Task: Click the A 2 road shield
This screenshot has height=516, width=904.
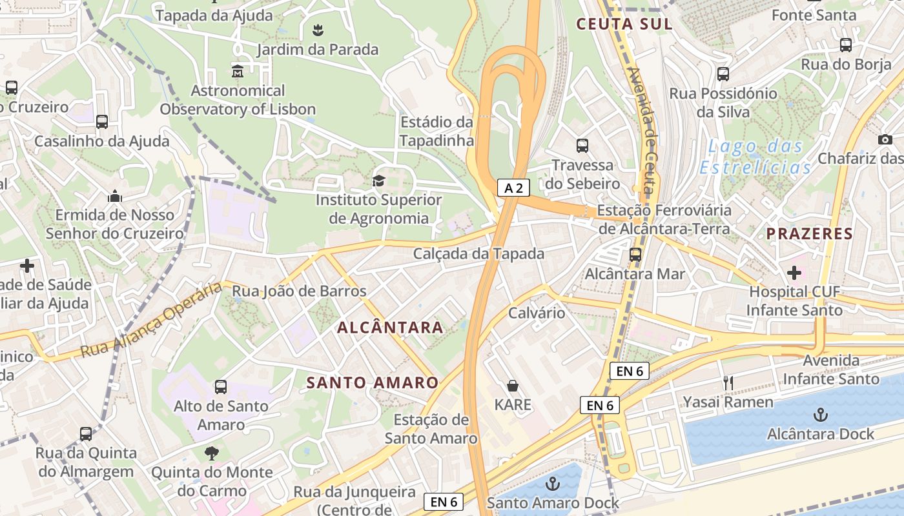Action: point(513,188)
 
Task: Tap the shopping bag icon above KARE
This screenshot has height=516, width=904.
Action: point(513,386)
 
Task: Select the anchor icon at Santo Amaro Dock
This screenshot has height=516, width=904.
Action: point(553,484)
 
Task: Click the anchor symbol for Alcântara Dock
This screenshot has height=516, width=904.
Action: point(820,414)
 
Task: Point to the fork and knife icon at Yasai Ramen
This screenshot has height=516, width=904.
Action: point(728,383)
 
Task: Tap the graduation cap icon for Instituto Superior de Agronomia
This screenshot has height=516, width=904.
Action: point(378,181)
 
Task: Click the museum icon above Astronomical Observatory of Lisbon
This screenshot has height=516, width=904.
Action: point(238,71)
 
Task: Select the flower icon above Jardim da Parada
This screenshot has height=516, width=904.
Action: point(318,30)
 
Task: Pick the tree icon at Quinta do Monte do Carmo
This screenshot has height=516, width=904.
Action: point(211,453)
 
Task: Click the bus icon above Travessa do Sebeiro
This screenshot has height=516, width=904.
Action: point(582,146)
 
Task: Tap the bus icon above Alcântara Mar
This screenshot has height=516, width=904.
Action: point(635,254)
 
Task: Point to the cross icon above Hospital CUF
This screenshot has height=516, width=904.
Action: point(794,273)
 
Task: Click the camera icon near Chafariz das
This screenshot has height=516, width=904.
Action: point(885,139)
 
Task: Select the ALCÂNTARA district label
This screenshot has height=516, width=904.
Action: point(390,327)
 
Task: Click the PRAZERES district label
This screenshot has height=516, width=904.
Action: point(810,233)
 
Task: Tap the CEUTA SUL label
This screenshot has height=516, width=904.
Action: point(624,24)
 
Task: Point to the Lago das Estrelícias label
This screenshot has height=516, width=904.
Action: point(755,157)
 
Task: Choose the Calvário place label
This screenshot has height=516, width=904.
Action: point(537,313)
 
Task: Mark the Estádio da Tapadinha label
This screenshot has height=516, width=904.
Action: point(437,131)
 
